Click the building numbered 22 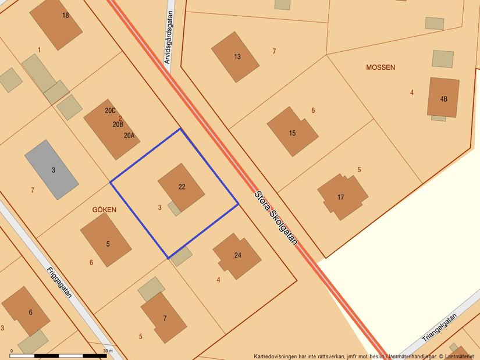tap(182, 187)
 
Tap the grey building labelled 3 tap(51, 169)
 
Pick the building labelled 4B tap(443, 98)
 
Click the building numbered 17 tap(342, 197)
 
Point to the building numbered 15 tap(292, 131)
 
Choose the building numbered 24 tap(237, 256)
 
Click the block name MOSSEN tap(381, 67)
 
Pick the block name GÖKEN tap(104, 209)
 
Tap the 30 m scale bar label tap(108, 351)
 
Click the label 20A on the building tap(129, 136)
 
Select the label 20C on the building tap(110, 111)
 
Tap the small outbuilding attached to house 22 tap(174, 208)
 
